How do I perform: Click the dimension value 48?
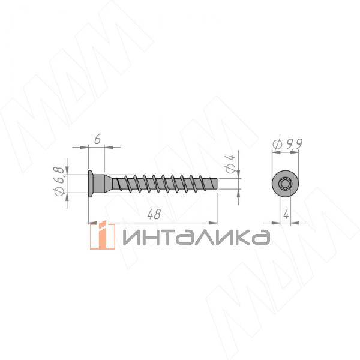(154, 214)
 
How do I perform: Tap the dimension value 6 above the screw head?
(98, 139)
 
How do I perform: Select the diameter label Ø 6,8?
(59, 181)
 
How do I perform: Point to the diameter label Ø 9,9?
(287, 144)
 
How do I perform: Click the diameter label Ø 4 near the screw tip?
(230, 164)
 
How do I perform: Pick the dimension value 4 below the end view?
(286, 215)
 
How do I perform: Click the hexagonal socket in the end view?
(285, 184)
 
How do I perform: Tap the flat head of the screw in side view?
(91, 184)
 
